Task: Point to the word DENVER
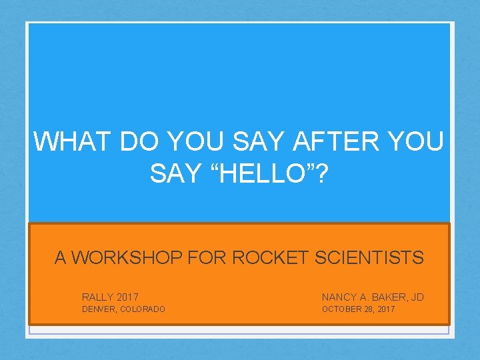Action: tap(97, 309)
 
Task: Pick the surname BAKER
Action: tap(386, 296)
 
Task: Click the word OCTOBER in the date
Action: tap(341, 309)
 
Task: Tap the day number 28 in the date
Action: tap(369, 309)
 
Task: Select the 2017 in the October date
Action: tap(385, 309)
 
